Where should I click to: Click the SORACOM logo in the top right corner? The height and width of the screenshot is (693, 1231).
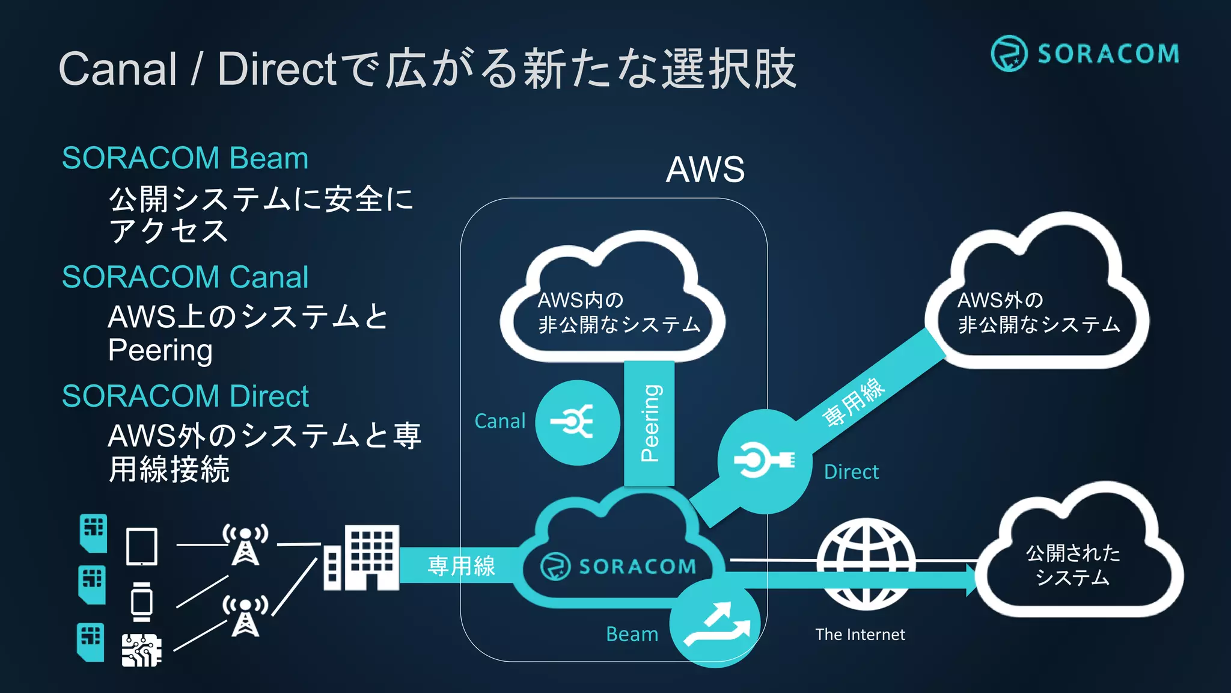(x=1085, y=54)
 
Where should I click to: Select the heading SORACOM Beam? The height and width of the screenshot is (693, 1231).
(x=185, y=158)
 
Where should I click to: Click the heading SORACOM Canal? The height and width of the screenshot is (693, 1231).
(x=185, y=277)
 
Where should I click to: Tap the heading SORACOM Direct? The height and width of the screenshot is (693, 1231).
(x=185, y=396)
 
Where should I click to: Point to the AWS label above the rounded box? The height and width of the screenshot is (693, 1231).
(x=705, y=170)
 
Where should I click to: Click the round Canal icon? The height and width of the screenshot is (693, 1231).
(x=577, y=422)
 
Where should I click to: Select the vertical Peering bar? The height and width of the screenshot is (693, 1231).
(x=649, y=423)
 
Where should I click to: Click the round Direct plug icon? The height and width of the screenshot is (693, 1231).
(x=764, y=461)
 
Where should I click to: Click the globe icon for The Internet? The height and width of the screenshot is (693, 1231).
(x=866, y=564)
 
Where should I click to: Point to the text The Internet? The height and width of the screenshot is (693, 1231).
(x=860, y=635)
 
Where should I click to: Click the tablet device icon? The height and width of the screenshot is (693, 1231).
(x=142, y=546)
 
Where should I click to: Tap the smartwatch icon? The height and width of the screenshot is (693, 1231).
(x=142, y=602)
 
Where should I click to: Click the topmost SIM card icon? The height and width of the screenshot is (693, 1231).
(x=93, y=532)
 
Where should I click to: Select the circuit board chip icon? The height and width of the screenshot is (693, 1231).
(x=141, y=650)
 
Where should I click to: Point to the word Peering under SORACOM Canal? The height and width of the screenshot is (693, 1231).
(x=160, y=351)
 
